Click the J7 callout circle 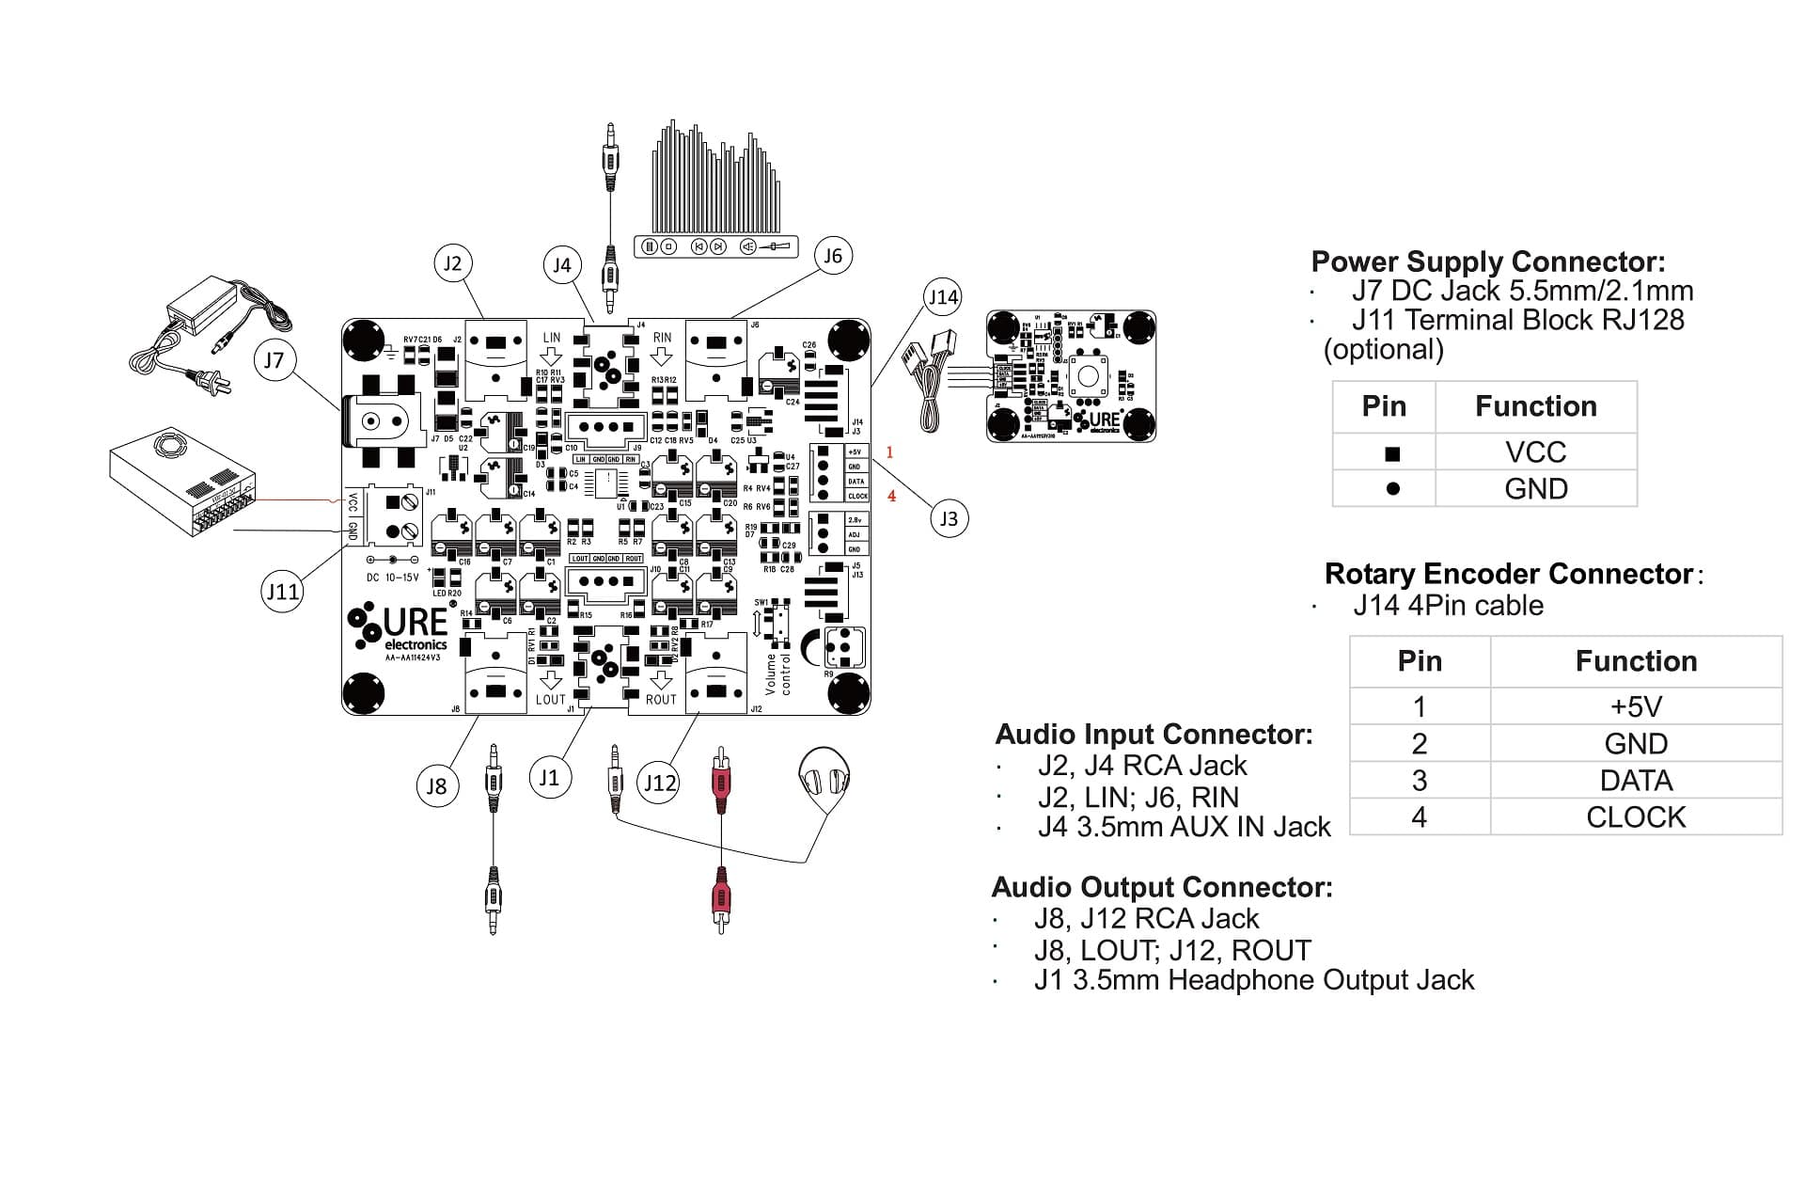(274, 360)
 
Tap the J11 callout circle (282, 592)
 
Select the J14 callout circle (942, 298)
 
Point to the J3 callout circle (949, 518)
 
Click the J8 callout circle (437, 786)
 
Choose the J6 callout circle (833, 256)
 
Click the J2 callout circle (453, 263)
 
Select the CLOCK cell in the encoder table (1636, 817)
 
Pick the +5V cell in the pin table (1636, 706)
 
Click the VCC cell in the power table (1535, 452)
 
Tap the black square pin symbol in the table (1392, 454)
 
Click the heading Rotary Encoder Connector (1508, 574)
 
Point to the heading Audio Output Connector (1162, 887)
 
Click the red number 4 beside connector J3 (891, 496)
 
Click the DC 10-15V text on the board (393, 578)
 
